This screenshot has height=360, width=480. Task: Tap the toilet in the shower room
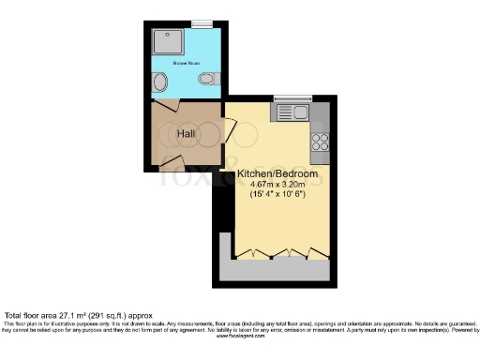(x=216, y=79)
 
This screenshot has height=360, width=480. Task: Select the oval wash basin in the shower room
(x=160, y=83)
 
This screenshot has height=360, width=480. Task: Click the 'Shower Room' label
(x=187, y=63)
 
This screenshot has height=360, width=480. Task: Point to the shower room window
(x=202, y=24)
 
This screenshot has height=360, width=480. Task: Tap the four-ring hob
(x=321, y=142)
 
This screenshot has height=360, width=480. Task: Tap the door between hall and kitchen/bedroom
(x=228, y=131)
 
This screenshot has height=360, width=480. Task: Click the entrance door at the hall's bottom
(x=174, y=163)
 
